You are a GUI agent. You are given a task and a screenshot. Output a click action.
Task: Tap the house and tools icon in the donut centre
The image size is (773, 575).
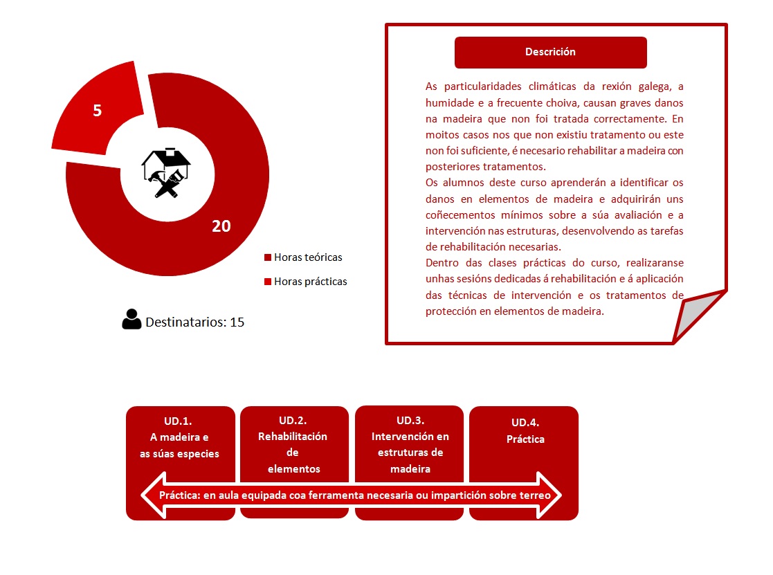[x=166, y=173]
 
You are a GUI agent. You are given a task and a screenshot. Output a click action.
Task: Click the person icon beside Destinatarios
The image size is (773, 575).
[x=131, y=319]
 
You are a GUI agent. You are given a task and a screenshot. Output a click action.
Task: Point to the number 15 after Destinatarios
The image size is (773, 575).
[x=237, y=322]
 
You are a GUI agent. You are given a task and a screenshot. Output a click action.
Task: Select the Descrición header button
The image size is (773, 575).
[x=550, y=52]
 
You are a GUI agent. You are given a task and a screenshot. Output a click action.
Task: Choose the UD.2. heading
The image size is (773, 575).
[x=293, y=420]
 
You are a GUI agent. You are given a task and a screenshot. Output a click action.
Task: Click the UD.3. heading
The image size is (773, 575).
[x=410, y=420]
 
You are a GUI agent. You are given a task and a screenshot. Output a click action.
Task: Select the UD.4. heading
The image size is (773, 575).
[x=525, y=422]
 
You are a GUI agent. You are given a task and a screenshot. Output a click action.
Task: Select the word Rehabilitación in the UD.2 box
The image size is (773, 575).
[x=293, y=437]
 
